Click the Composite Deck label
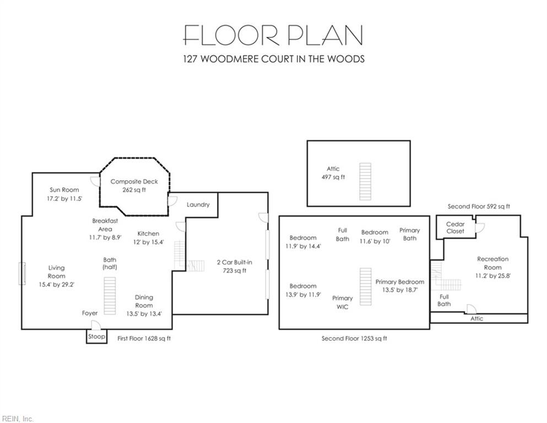(x=134, y=182)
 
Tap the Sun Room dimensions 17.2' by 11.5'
(x=64, y=198)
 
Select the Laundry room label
(x=198, y=205)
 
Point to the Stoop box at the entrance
(x=96, y=337)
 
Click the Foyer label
(x=90, y=313)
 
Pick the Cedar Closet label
(x=455, y=227)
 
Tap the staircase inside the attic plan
(x=365, y=181)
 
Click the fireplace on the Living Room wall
(x=22, y=274)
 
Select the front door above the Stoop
(x=96, y=326)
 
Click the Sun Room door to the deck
(x=95, y=181)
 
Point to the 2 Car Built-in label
(x=235, y=262)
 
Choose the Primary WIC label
(x=342, y=302)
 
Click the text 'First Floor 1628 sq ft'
(x=144, y=338)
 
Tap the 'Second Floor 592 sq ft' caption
(x=479, y=207)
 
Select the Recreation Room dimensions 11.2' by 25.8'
(x=492, y=276)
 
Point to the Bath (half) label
(x=110, y=263)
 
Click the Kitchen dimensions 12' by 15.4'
(x=148, y=242)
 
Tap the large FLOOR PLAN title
(x=273, y=35)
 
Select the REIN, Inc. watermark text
(x=18, y=419)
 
